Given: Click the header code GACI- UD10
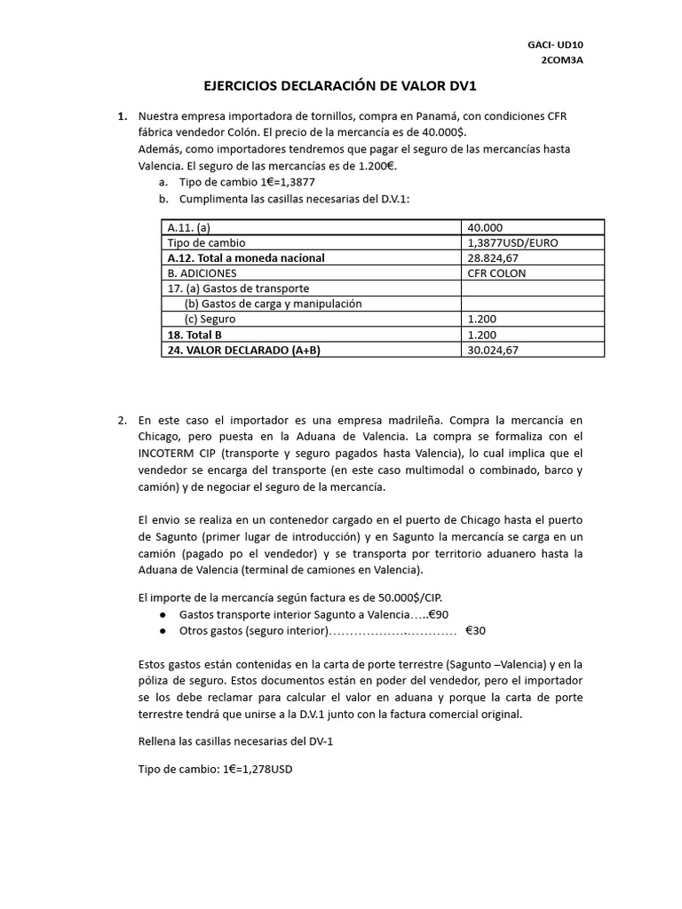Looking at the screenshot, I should (x=555, y=43).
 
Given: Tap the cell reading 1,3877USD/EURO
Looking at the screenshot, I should (x=511, y=242).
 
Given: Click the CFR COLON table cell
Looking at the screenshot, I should (x=496, y=273).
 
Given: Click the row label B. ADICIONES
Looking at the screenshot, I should (x=202, y=273).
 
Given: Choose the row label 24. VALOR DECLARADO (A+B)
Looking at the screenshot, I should (x=243, y=350).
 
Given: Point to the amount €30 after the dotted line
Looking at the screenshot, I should (x=475, y=630).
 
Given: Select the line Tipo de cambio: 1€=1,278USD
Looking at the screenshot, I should (x=216, y=769).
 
